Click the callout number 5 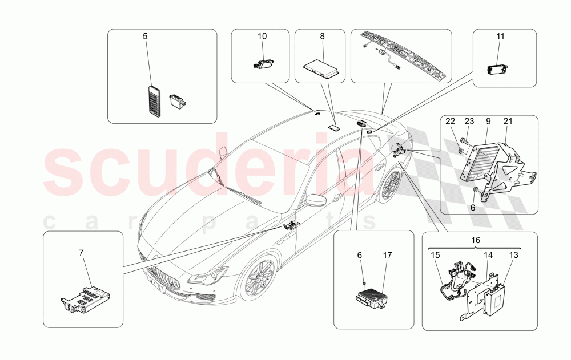coord(145,36)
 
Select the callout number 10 coord(262,36)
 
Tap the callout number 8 coord(322,36)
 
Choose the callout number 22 coord(450,121)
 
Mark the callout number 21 coord(508,121)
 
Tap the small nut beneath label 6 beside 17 coord(363,282)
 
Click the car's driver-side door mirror coord(315,201)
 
